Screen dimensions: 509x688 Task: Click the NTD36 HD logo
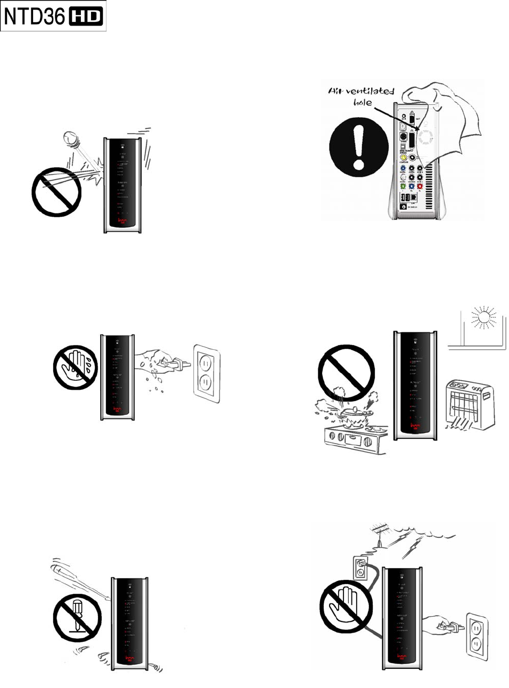coord(53,16)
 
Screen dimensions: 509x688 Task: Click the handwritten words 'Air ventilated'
coord(361,91)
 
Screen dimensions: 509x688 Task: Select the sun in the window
coord(483,318)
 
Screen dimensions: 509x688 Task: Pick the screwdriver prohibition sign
coord(77,618)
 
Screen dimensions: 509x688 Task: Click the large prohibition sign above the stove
coord(346,373)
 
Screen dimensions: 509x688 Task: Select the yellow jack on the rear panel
coord(404,158)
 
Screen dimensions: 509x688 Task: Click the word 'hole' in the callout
coord(363,102)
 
